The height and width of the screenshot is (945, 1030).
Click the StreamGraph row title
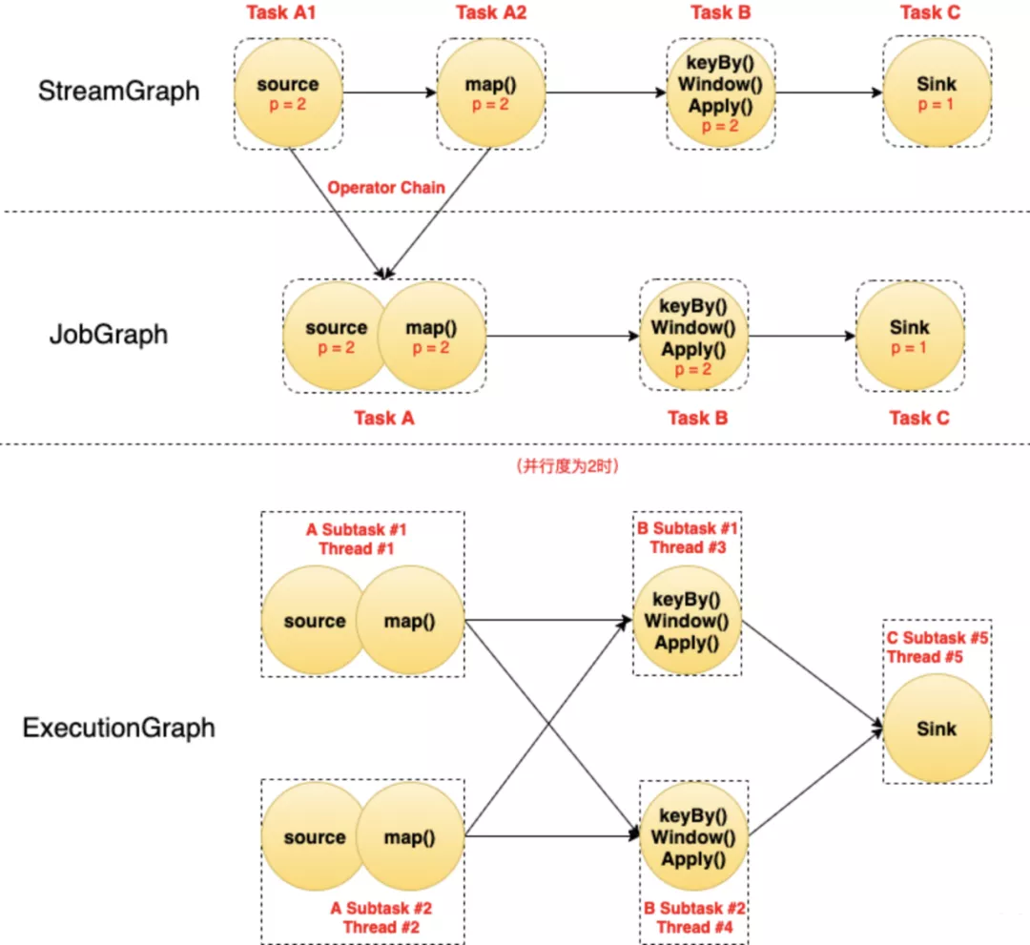(x=119, y=91)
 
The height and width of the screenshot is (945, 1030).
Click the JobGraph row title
(x=108, y=335)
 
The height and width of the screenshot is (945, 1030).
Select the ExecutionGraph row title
(x=118, y=729)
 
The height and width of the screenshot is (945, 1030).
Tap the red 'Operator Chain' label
(x=386, y=188)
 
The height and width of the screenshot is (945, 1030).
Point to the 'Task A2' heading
(x=490, y=12)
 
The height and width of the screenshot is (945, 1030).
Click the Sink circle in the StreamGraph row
(x=936, y=92)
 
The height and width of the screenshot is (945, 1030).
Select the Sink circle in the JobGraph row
(x=909, y=336)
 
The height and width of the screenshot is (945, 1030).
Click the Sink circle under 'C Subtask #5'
(x=936, y=729)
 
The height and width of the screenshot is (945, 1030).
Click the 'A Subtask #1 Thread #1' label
(x=356, y=539)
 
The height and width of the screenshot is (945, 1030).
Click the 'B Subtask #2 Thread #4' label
(x=694, y=917)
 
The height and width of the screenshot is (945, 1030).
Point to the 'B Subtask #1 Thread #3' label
(x=688, y=538)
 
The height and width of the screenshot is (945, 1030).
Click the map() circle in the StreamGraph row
(x=490, y=92)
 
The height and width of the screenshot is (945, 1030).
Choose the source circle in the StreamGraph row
(x=287, y=92)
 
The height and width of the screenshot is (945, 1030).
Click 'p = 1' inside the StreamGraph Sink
(x=936, y=105)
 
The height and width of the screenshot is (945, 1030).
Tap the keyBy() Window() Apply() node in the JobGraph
(x=693, y=335)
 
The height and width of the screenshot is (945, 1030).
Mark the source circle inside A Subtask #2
(x=314, y=837)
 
